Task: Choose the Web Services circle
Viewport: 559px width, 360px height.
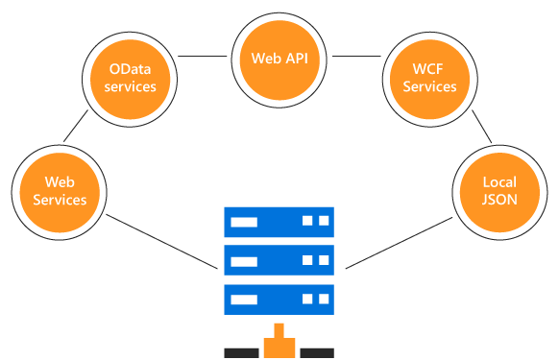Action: click(60, 191)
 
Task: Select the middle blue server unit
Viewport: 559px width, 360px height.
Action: click(279, 260)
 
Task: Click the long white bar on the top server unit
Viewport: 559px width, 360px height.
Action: click(245, 222)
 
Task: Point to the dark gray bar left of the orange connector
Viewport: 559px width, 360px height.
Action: click(241, 352)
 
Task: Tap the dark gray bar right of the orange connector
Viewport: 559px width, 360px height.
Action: click(316, 352)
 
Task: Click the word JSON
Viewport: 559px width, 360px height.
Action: click(499, 200)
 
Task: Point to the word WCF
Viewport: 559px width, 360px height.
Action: click(429, 69)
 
